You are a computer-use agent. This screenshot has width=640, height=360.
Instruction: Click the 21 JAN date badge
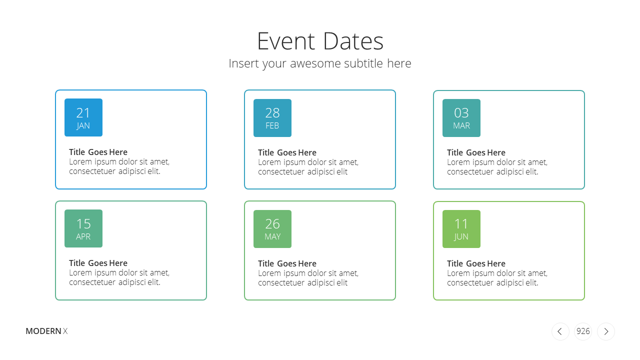tap(83, 117)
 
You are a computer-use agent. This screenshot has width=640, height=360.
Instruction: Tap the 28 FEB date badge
tap(272, 118)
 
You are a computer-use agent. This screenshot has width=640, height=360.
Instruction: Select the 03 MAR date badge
tap(461, 118)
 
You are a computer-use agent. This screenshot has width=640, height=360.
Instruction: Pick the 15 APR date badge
tap(83, 228)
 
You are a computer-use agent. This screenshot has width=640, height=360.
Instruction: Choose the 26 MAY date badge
tap(272, 229)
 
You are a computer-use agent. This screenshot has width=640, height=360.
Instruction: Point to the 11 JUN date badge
tap(461, 229)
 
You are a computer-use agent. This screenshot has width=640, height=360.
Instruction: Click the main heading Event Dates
tap(320, 41)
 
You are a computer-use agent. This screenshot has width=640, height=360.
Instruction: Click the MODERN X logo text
tap(46, 331)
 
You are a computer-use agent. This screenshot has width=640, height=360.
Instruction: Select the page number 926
tap(583, 331)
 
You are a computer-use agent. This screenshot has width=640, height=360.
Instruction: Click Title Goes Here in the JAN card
tap(98, 152)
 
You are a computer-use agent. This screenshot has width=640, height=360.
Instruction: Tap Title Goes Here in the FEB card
tap(287, 152)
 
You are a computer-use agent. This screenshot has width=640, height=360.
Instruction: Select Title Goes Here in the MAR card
tap(476, 152)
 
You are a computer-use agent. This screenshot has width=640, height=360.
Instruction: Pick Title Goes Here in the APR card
tap(98, 263)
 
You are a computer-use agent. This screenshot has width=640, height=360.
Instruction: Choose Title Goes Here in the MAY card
tap(287, 263)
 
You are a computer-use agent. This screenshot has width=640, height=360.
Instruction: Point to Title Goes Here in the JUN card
tap(476, 263)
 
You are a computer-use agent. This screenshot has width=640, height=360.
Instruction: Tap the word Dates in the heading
tap(353, 41)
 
